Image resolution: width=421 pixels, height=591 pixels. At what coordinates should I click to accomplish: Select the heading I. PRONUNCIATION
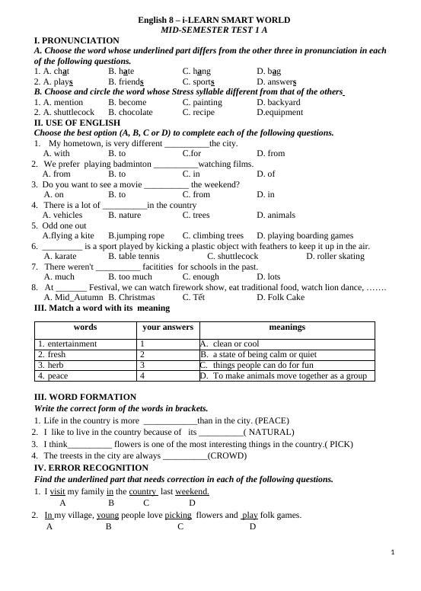[x=77, y=40]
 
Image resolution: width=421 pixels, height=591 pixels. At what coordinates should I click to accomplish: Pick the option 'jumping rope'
[x=136, y=236]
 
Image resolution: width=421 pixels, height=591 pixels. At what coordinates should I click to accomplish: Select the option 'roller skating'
[x=335, y=257]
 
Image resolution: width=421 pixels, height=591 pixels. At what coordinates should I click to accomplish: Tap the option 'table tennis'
[x=134, y=257]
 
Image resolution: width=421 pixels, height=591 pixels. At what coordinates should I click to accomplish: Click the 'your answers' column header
[x=167, y=327]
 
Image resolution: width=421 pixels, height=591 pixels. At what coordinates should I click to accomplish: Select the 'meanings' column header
[x=287, y=327]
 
